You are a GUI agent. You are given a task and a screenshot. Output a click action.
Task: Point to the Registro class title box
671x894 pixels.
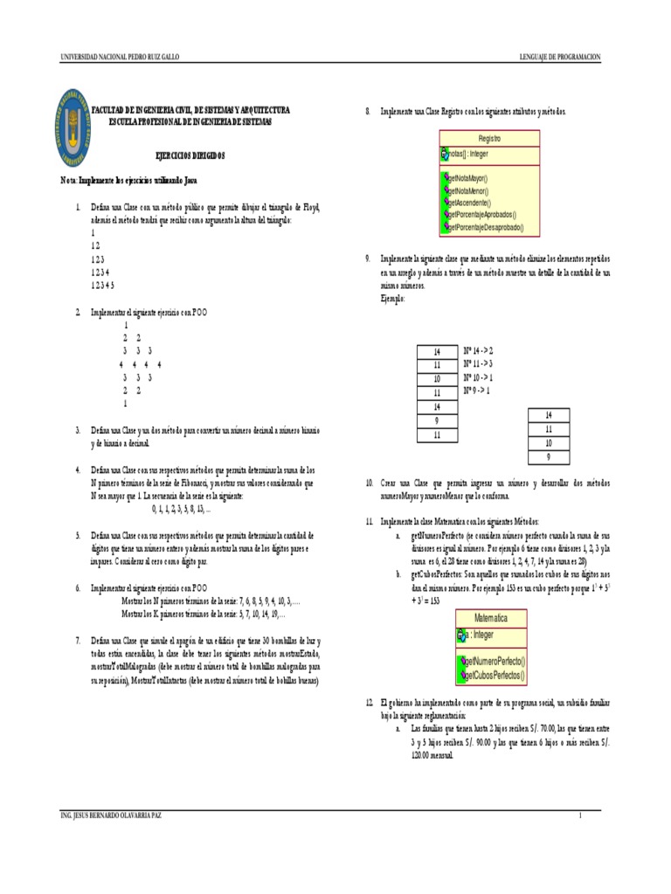coord(490,138)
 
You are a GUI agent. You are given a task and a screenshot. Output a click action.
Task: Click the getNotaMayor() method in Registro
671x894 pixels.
coord(469,178)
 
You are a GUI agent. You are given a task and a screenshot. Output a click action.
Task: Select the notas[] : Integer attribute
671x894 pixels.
coord(467,154)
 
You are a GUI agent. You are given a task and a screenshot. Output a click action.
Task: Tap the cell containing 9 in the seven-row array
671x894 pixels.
coord(436,420)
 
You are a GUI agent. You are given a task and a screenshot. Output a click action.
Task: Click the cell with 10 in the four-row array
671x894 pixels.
coord(549,443)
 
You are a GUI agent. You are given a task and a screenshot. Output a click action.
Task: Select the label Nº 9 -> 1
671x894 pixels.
coord(476,391)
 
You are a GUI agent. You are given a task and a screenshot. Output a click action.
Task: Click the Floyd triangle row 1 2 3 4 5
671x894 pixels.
coord(103,285)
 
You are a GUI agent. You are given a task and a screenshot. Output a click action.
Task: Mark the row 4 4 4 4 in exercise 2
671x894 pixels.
coord(140,364)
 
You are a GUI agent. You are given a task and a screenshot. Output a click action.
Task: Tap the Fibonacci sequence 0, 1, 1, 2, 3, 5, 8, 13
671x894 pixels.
coord(181,507)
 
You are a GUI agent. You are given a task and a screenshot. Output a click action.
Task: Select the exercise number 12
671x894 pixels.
coord(368,702)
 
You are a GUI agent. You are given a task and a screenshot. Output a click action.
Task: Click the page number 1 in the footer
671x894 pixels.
coord(578,815)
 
